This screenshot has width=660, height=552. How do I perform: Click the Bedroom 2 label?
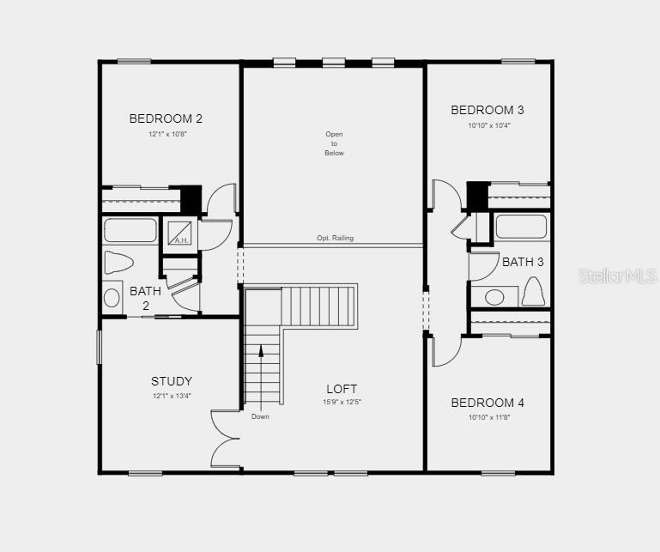[166, 118]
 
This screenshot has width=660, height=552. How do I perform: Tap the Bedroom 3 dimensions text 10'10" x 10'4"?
[489, 125]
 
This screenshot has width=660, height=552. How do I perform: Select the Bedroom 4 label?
[487, 403]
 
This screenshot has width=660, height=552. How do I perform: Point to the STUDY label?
[172, 381]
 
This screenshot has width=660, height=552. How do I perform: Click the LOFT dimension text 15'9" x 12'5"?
[342, 402]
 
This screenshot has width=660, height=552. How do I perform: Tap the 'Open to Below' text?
[334, 143]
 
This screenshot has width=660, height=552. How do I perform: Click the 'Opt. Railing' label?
[335, 238]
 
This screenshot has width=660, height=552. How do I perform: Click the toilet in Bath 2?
[118, 263]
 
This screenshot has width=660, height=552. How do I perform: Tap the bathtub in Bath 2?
[130, 230]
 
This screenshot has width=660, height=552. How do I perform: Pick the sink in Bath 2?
[112, 298]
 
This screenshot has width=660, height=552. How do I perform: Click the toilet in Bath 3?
[533, 291]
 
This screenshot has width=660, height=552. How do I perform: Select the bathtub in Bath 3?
[521, 227]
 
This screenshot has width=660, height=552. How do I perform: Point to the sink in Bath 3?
[494, 297]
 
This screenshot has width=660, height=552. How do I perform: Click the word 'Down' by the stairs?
[260, 416]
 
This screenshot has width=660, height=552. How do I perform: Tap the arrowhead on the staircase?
[261, 351]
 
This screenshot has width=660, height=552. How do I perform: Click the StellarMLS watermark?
[617, 276]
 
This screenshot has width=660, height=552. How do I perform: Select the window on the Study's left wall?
[100, 347]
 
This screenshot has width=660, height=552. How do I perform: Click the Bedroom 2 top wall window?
[134, 62]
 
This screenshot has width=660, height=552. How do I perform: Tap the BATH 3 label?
[523, 262]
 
